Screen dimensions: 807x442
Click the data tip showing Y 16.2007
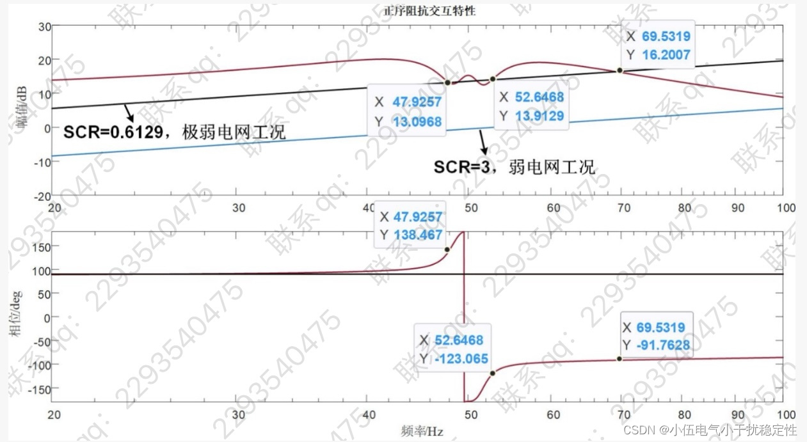659,45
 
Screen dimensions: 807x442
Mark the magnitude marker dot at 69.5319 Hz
619,70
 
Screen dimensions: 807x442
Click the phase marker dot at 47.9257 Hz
447,249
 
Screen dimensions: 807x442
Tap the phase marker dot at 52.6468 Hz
492,373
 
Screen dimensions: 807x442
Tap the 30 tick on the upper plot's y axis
44,26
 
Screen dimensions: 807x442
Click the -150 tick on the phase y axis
40,388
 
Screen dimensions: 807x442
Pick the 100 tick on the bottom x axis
785,416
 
